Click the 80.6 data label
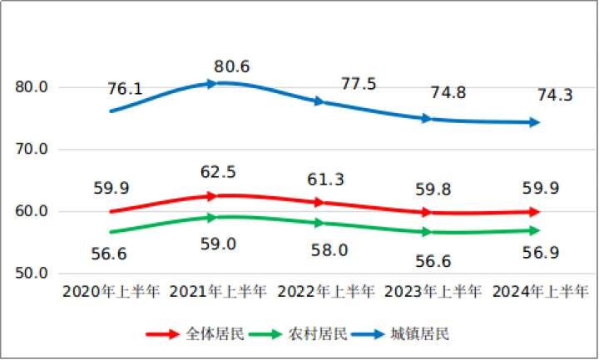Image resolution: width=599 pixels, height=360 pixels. (x=232, y=66)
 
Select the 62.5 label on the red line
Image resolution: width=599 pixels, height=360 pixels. (x=219, y=172)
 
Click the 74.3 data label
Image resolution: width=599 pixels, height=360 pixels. (x=555, y=96)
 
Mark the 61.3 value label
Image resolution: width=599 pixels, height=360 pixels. (x=325, y=180)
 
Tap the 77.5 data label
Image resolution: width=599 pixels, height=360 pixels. (x=359, y=84)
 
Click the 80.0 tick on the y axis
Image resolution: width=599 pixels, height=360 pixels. (x=32, y=87)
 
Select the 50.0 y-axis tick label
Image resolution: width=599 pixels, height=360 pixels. (x=32, y=274)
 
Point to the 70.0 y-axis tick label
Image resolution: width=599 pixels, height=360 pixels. (x=32, y=150)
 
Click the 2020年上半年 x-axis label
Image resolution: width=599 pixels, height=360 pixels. (x=110, y=292)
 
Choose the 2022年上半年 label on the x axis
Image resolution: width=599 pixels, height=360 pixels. (x=325, y=292)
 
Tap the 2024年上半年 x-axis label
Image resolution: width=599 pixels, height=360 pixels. (x=540, y=292)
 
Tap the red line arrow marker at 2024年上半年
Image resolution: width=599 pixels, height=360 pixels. (x=534, y=211)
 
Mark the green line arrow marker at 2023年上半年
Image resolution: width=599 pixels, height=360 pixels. (x=427, y=232)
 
